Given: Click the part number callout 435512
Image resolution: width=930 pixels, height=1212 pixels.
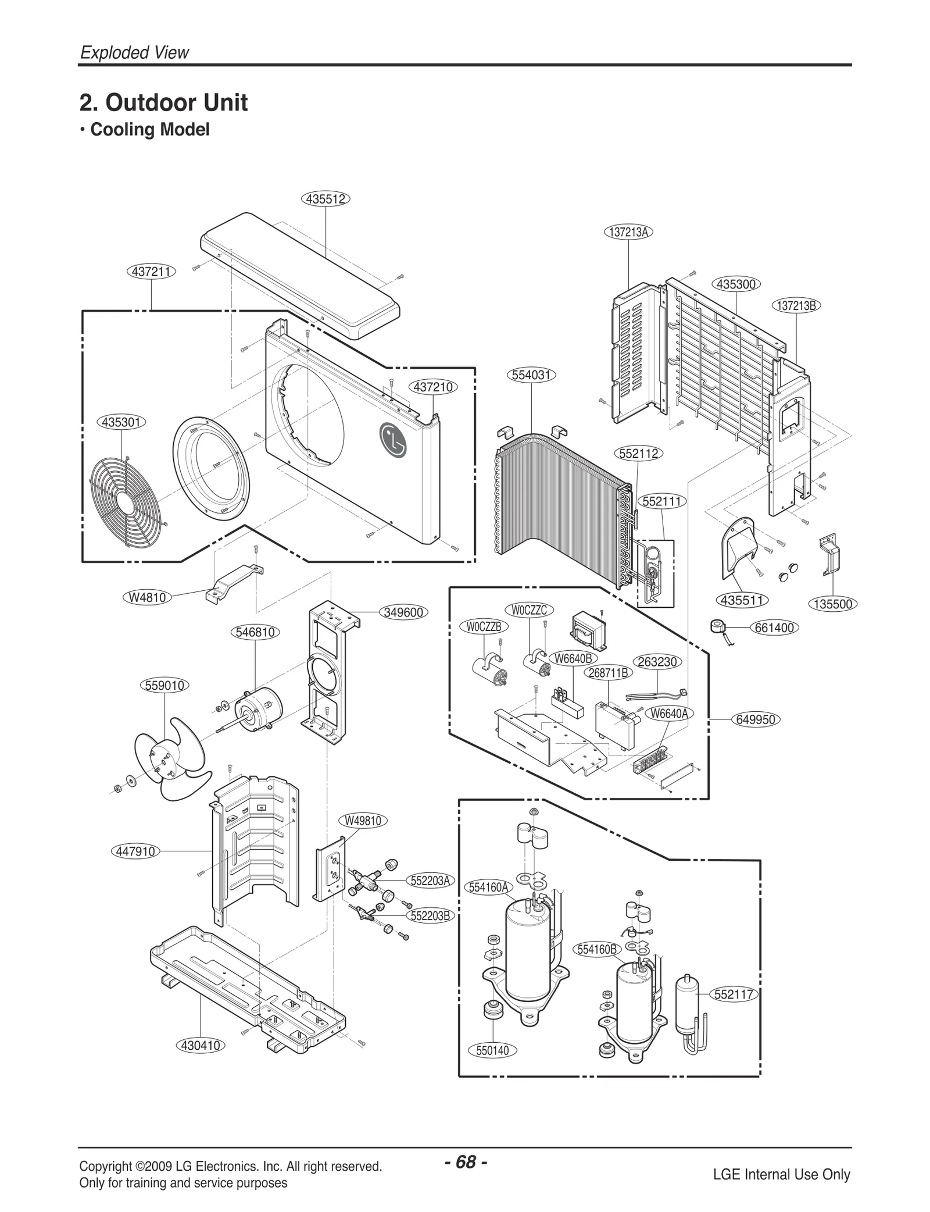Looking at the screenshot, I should point(325,199).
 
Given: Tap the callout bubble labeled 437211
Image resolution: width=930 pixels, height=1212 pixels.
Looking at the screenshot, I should point(151,271).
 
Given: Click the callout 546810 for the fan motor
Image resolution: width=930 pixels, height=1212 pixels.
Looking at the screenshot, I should point(256,632).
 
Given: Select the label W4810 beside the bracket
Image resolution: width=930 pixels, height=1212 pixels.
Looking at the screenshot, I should point(148,597).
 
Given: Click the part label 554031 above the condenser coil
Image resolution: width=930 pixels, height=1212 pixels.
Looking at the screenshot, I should point(531,375).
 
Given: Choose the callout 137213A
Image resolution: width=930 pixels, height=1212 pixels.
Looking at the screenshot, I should point(628,232).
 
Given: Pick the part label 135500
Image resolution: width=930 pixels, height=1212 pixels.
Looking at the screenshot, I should point(832,604).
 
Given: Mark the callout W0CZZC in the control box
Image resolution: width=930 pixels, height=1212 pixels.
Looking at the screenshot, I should point(529,610).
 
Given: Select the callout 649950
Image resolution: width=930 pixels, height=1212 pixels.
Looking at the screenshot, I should point(756,719).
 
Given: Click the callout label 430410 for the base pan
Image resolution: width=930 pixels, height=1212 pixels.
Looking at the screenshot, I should point(201,1045).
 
